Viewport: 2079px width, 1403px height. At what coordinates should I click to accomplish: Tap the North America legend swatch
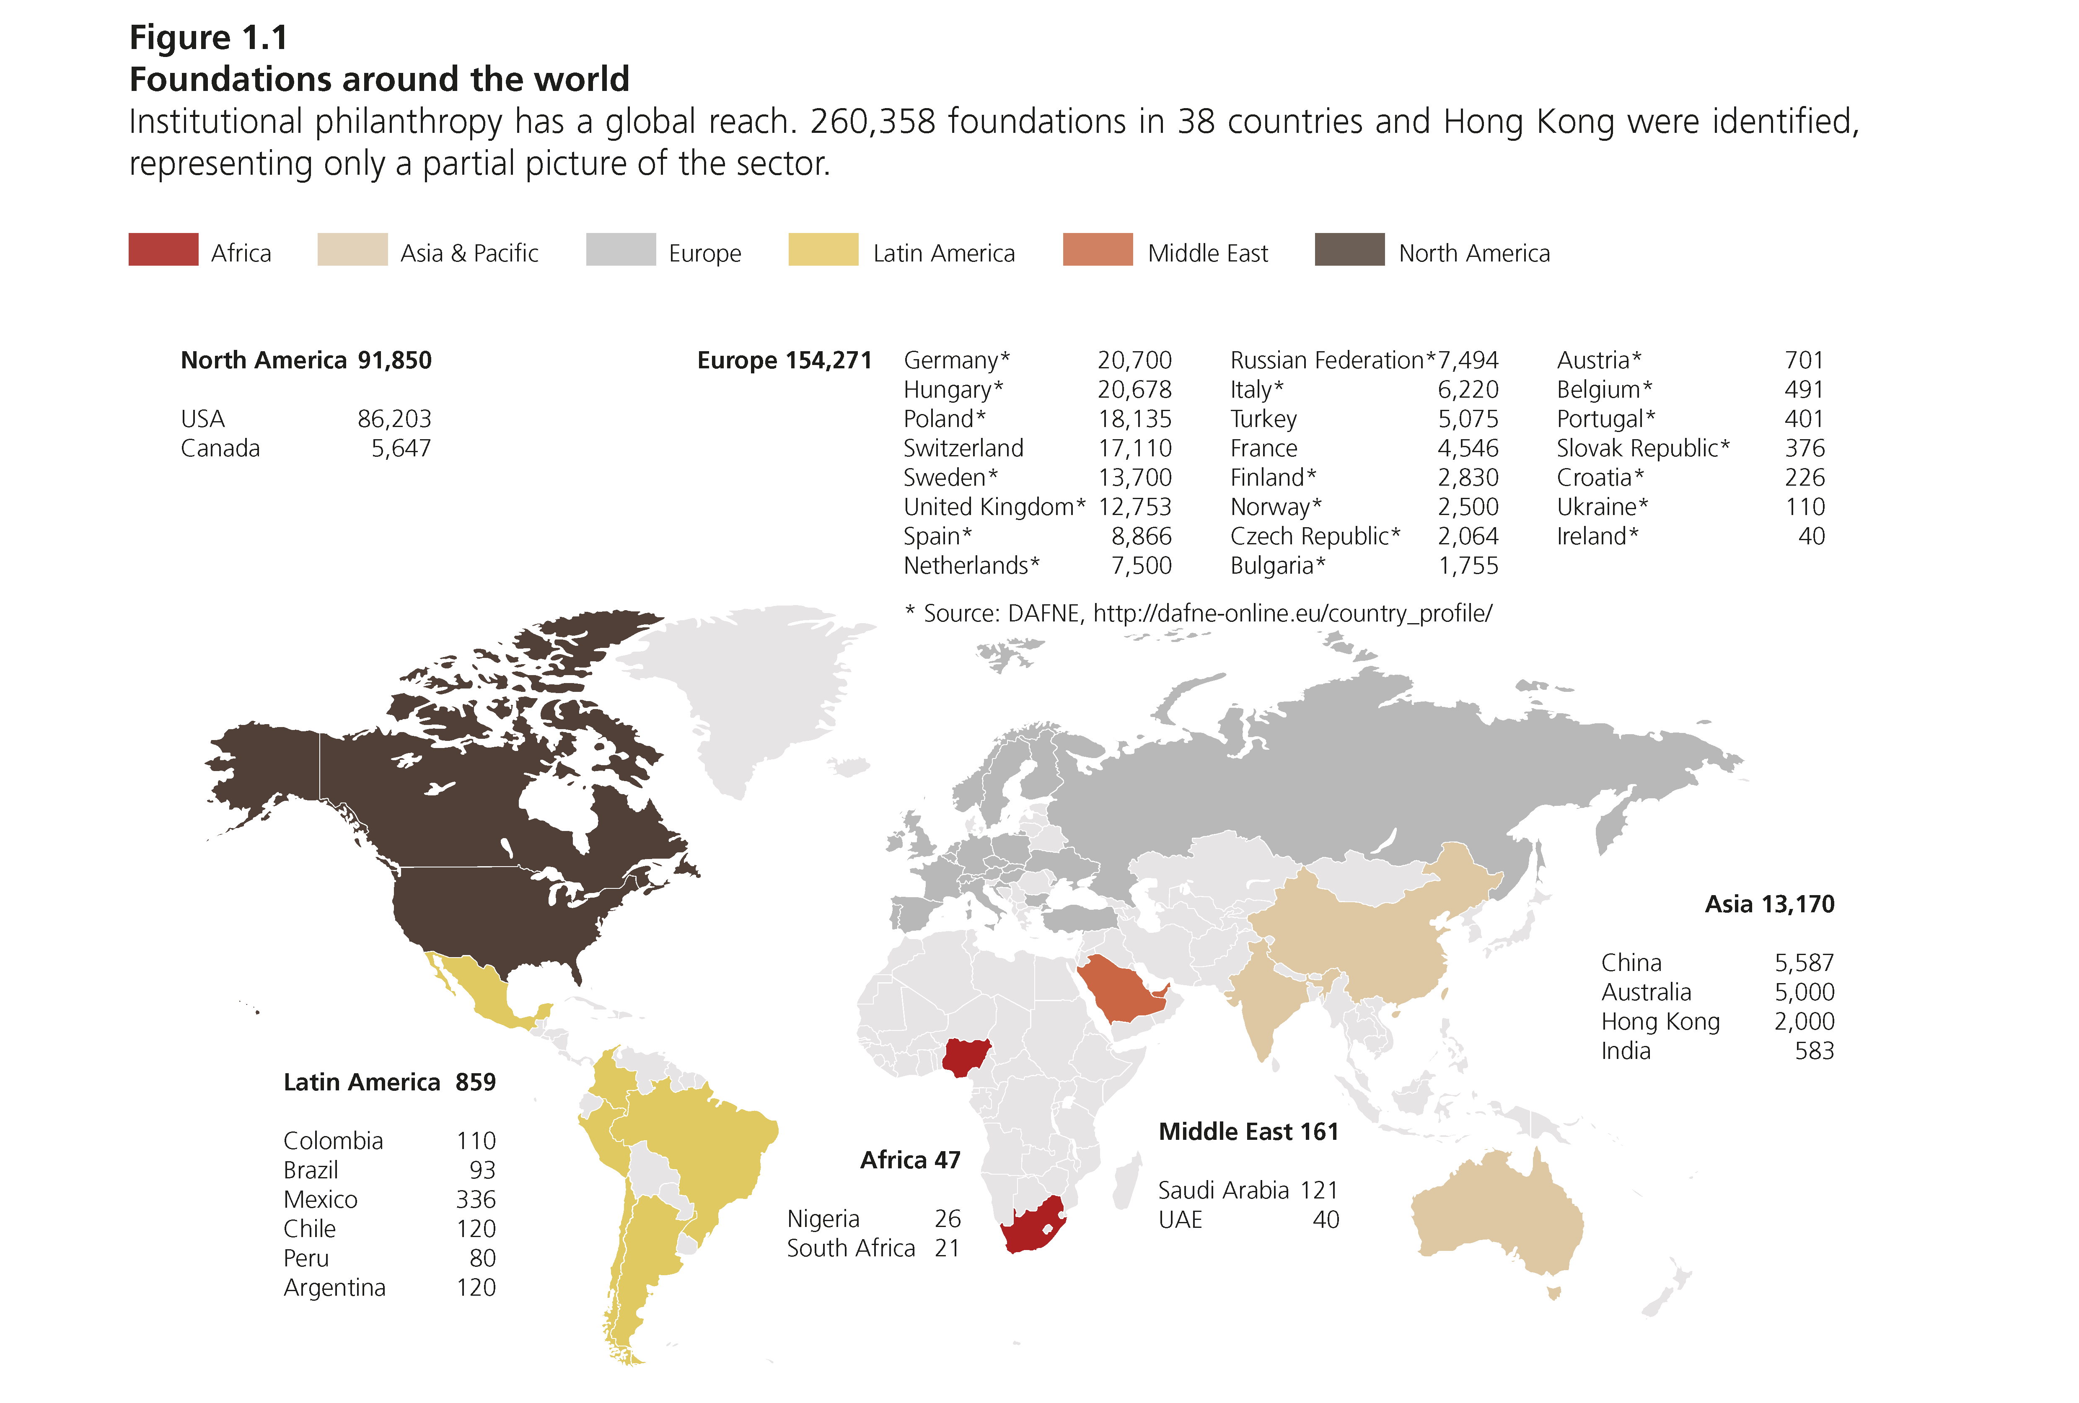(x=1349, y=250)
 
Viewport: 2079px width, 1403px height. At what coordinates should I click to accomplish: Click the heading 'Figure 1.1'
(x=208, y=38)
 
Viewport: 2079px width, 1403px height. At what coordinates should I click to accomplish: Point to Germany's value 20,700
(x=1134, y=360)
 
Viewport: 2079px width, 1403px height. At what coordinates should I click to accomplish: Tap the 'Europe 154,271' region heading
(x=784, y=360)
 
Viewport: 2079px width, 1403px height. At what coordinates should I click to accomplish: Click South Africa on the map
(x=1033, y=1226)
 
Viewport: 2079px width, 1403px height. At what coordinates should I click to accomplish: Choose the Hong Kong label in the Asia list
(x=1660, y=1022)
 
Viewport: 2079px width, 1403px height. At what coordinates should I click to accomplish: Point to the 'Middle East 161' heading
(x=1248, y=1132)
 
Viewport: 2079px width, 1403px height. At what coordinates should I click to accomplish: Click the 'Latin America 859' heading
(x=389, y=1083)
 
